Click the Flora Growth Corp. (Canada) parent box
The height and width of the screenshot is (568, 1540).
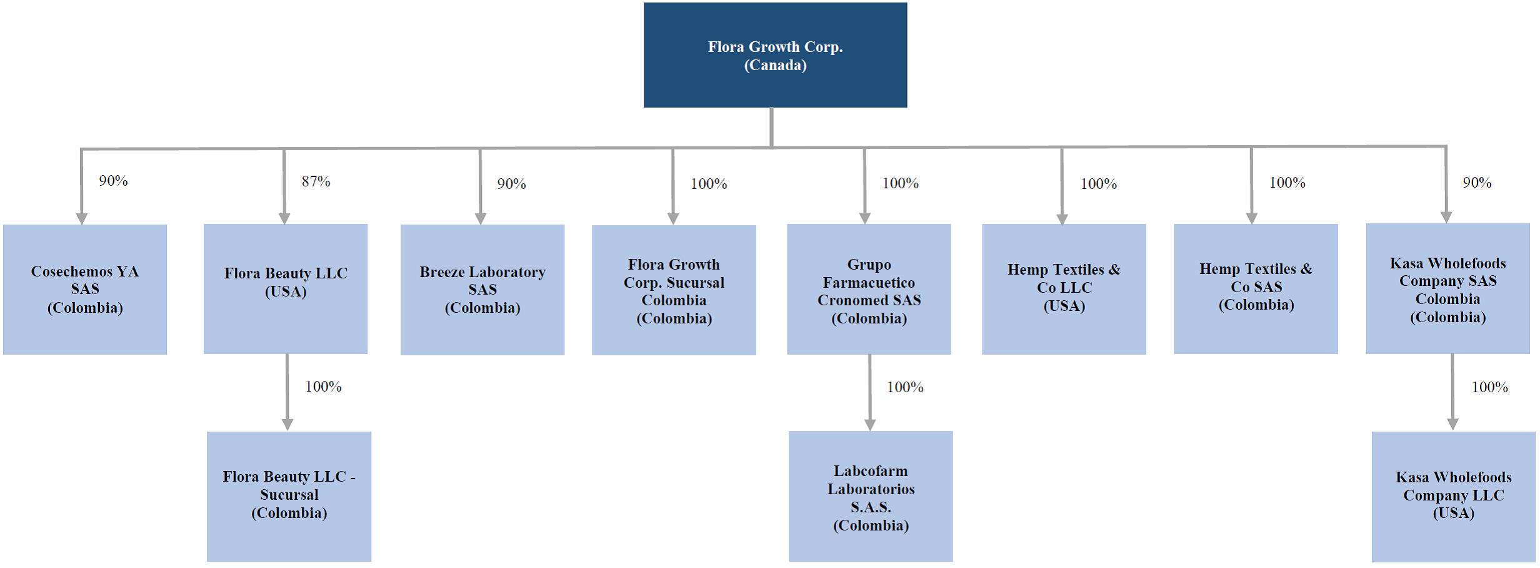tap(775, 55)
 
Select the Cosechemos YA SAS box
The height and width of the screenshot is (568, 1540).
tap(85, 289)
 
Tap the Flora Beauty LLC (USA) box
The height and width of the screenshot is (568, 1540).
tap(286, 289)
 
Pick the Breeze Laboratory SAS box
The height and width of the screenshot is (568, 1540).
tap(482, 290)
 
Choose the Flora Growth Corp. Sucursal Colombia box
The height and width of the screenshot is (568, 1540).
tap(674, 290)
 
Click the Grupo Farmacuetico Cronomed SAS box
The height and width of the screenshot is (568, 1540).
tap(869, 290)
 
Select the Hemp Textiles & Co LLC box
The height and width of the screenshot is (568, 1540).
tap(1064, 289)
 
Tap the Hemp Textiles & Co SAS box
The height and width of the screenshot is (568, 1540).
tap(1256, 288)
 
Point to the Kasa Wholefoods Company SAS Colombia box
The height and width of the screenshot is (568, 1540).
tap(1447, 288)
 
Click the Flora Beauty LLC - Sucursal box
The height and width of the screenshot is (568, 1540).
tap(289, 496)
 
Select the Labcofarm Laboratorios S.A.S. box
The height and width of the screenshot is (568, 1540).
tap(871, 496)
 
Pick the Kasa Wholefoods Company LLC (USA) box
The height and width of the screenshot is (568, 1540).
tap(1453, 497)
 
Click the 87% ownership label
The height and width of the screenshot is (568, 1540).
tap(316, 181)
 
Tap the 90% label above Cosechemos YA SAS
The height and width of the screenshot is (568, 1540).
tap(113, 181)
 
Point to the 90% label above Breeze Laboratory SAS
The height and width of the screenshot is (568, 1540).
tap(512, 184)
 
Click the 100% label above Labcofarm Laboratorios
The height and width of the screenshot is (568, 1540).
tap(905, 387)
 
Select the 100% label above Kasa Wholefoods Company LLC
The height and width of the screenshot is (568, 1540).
tap(1490, 387)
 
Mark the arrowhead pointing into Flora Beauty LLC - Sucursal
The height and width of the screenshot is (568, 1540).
tap(287, 425)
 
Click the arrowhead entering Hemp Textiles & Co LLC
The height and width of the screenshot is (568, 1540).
tap(1062, 218)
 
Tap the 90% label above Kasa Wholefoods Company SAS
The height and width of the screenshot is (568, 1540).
tap(1477, 183)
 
